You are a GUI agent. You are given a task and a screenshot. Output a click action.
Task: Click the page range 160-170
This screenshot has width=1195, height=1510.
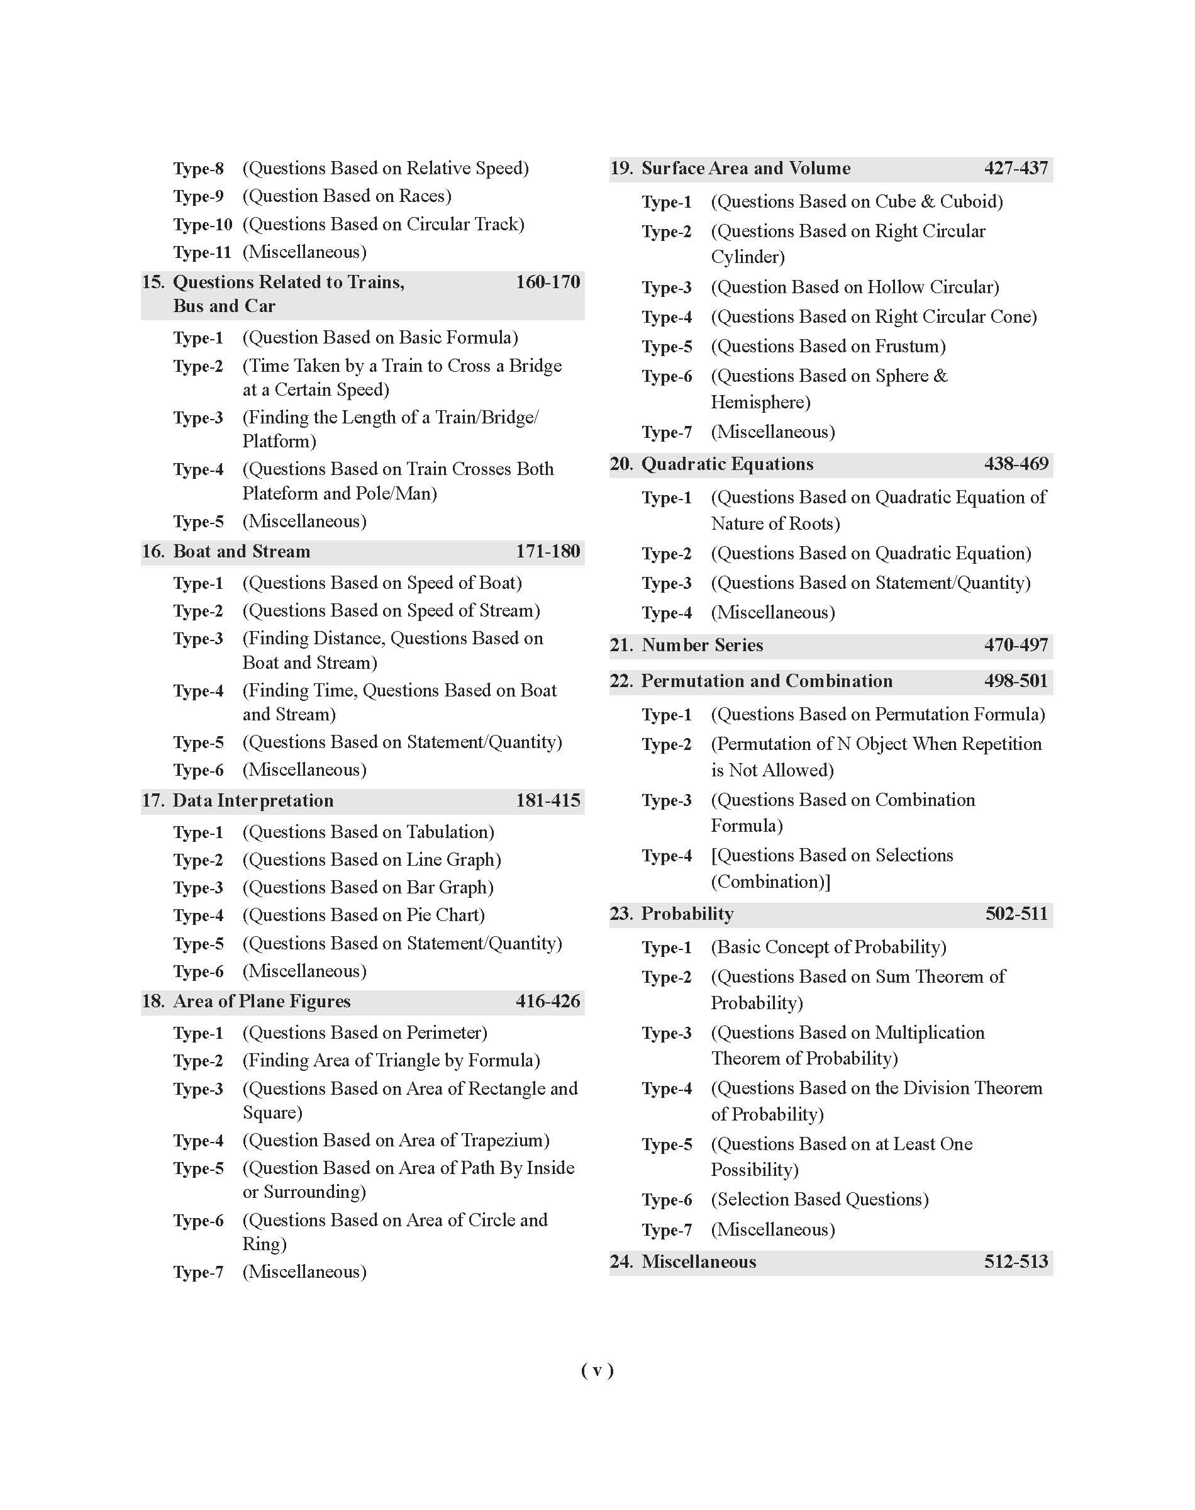(547, 282)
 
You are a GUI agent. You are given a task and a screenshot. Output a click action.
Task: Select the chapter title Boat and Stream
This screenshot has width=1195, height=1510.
(242, 551)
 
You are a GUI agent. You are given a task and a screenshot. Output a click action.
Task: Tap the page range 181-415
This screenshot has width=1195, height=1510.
(547, 800)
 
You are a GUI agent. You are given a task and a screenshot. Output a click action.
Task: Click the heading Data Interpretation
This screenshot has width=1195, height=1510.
(253, 800)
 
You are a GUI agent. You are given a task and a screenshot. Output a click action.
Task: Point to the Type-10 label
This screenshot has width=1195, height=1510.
(202, 225)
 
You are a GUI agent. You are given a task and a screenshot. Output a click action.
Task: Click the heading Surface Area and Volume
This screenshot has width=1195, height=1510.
(746, 169)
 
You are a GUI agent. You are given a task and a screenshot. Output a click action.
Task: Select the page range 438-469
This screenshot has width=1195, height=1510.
(1016, 464)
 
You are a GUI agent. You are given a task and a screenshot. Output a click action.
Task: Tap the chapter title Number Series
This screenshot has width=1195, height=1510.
(702, 645)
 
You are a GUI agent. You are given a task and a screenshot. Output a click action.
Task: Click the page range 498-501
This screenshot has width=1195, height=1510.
(1016, 681)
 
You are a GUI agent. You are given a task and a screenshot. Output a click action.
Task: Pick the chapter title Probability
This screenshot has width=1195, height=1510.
(687, 914)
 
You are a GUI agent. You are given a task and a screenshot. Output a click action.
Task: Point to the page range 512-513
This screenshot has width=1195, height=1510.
(1016, 1261)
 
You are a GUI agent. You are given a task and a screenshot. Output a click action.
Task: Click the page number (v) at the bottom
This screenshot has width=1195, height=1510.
(597, 1370)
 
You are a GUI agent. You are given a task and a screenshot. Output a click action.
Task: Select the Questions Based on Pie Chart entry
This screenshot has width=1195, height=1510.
(363, 915)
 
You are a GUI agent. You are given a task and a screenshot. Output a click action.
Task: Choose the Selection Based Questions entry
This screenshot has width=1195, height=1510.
(820, 1199)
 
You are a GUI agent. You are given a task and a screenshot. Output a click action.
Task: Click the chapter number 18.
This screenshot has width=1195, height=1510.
(153, 1001)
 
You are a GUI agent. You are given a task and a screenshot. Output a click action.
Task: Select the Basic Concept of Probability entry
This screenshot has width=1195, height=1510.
(828, 948)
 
